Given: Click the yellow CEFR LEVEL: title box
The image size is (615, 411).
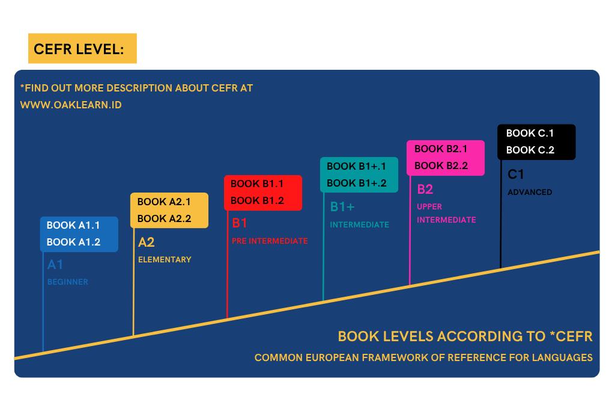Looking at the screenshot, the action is pyautogui.click(x=82, y=48).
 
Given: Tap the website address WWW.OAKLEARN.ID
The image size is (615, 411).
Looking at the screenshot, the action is pyautogui.click(x=71, y=105).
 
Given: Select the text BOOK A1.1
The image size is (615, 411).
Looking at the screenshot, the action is pyautogui.click(x=73, y=225).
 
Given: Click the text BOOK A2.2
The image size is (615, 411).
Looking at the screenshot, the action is pyautogui.click(x=164, y=218).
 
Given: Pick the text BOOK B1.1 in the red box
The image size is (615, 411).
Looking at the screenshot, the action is pyautogui.click(x=257, y=184).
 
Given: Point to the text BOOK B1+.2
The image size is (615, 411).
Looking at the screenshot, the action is pyautogui.click(x=357, y=183).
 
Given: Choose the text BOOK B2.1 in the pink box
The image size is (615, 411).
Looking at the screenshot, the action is pyautogui.click(x=441, y=149).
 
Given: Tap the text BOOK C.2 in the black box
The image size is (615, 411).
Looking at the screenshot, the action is pyautogui.click(x=530, y=150).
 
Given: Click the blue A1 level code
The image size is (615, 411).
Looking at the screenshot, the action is pyautogui.click(x=55, y=264).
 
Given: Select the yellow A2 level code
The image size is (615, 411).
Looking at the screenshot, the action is pyautogui.click(x=147, y=242).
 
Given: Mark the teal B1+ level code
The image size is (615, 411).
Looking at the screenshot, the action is pyautogui.click(x=342, y=206).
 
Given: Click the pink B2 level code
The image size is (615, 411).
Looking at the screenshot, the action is pyautogui.click(x=425, y=190).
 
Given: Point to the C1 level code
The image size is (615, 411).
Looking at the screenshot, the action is pyautogui.click(x=516, y=174).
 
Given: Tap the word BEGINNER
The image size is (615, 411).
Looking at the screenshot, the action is pyautogui.click(x=67, y=282).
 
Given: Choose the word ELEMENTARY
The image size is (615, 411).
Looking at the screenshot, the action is pyautogui.click(x=165, y=259).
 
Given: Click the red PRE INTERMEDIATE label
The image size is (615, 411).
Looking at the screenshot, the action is pyautogui.click(x=270, y=241).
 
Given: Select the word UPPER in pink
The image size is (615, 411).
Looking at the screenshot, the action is pyautogui.click(x=429, y=206).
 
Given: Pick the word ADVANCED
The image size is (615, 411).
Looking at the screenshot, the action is pyautogui.click(x=530, y=192).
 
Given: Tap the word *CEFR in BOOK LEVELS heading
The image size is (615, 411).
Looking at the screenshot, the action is pyautogui.click(x=571, y=336).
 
